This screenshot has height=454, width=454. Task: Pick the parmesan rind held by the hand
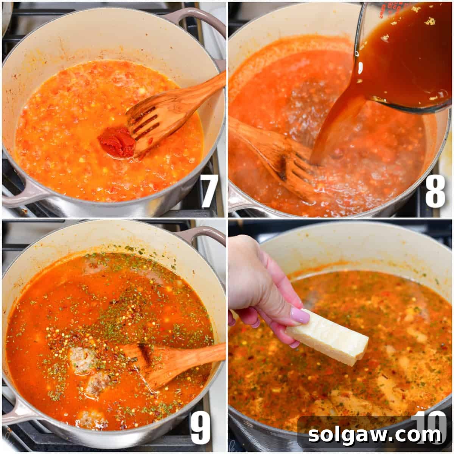[x=328, y=337]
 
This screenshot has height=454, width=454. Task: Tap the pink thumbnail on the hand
[x=300, y=315]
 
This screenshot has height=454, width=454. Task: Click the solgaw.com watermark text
[x=375, y=435]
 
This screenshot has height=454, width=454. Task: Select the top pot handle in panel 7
[x=197, y=19]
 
